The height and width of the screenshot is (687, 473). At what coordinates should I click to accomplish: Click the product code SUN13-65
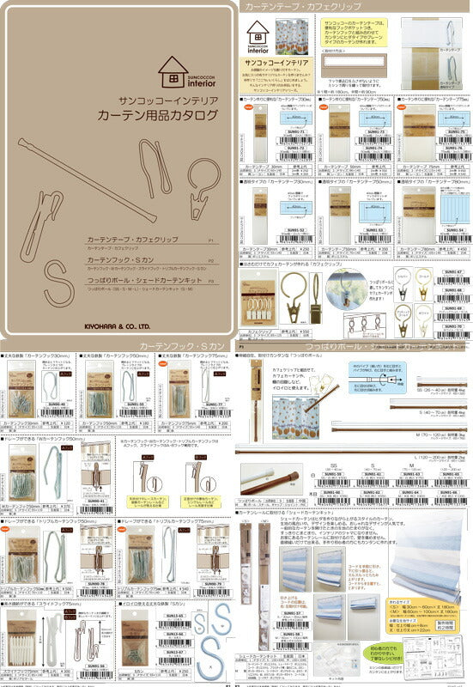click(175, 616)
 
